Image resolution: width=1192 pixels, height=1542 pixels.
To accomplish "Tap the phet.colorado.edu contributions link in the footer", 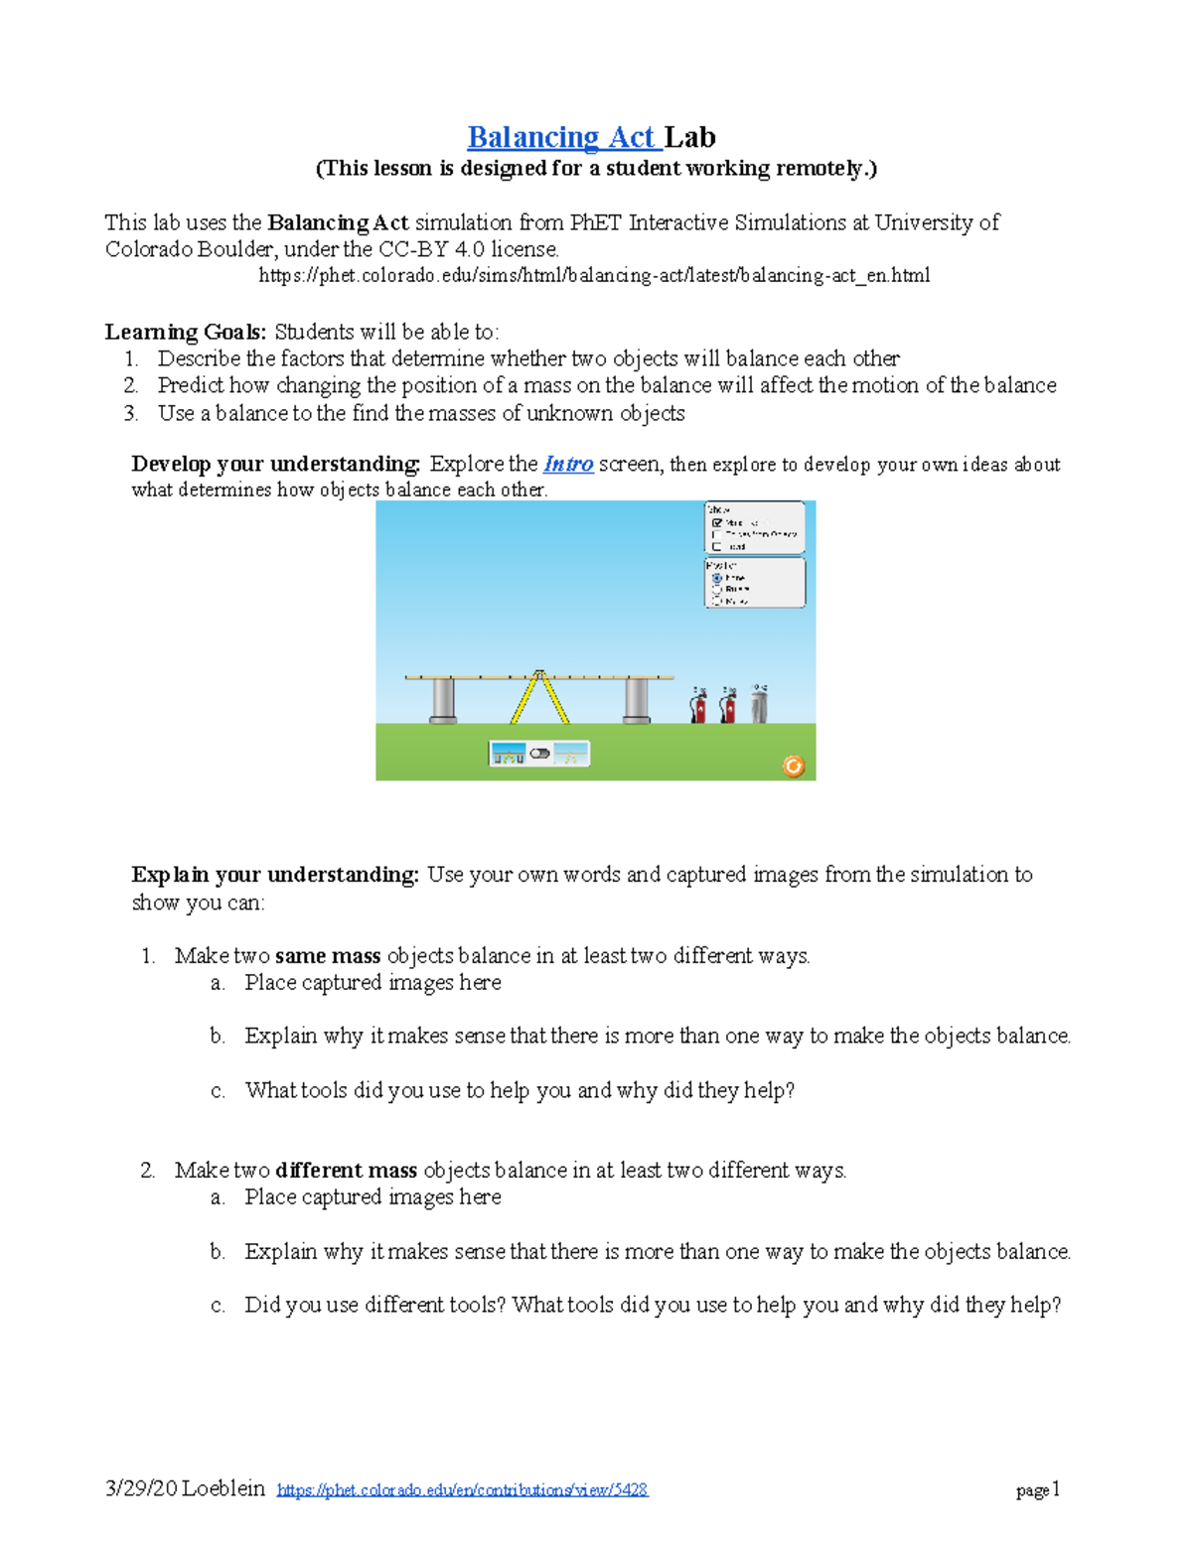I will pos(462,1489).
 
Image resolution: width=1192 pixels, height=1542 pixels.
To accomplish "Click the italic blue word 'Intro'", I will pos(568,464).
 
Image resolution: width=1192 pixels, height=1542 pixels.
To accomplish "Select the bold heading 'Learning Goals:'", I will pos(186,332).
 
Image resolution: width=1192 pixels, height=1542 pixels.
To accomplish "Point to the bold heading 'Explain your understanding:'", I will pos(275,874).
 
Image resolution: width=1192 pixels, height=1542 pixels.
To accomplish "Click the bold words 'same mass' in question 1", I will pos(328,955).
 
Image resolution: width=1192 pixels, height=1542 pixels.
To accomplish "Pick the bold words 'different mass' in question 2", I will pos(346,1170).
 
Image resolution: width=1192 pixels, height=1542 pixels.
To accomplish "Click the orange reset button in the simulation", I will pos(793,766).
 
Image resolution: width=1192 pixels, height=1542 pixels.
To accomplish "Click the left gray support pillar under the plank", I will pos(443,700).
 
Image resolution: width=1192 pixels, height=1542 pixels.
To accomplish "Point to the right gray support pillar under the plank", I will pos(636,700).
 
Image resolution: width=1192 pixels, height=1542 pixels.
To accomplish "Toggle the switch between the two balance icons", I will pos(539,754).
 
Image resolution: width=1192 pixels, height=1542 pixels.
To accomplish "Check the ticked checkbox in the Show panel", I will pos(716,522).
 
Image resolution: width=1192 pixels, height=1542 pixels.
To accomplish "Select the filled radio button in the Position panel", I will pos(716,578).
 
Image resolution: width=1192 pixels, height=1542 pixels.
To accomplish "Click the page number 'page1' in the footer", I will pos(1038,1489).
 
